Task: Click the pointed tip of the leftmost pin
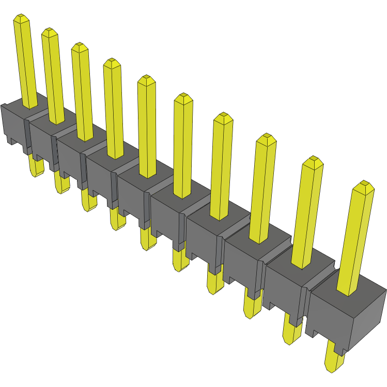coord(20,19)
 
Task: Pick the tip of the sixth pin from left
coord(183,98)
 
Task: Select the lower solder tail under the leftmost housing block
coord(36,166)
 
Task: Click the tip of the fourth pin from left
coord(112,63)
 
